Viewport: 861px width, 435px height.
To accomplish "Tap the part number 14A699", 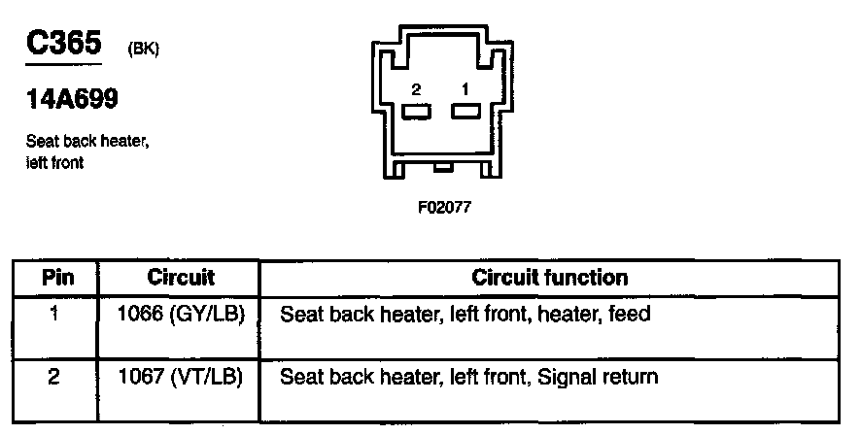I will [73, 101].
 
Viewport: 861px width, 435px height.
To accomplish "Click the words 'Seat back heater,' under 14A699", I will [87, 143].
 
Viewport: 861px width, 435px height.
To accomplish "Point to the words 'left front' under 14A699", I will [55, 162].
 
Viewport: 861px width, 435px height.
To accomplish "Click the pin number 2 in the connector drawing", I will [416, 89].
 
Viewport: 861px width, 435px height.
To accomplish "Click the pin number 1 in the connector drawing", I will [465, 89].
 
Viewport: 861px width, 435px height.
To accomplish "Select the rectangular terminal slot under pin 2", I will [416, 111].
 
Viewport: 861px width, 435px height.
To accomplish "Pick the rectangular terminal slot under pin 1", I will [465, 111].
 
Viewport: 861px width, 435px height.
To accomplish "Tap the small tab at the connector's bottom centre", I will [443, 169].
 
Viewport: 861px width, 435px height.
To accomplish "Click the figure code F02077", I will [443, 207].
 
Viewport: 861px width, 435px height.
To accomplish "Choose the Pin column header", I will [56, 278].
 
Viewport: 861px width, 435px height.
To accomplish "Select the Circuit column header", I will [180, 278].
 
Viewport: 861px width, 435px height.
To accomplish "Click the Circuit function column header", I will [549, 278].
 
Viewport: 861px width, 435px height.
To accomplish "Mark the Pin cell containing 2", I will [55, 376].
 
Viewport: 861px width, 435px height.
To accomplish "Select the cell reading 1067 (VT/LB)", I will [180, 376].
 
